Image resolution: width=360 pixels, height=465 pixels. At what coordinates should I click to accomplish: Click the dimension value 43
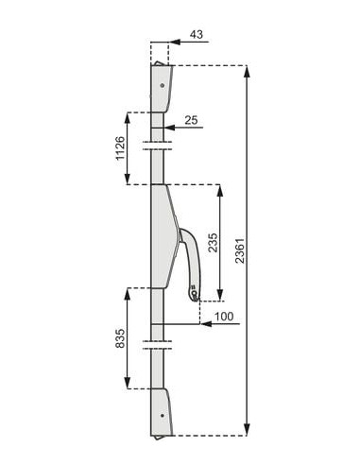197,34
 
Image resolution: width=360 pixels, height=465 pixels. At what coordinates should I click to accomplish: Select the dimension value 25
191,120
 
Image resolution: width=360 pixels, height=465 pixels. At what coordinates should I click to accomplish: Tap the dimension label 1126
120,148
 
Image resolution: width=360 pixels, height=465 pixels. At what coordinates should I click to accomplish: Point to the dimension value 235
214,243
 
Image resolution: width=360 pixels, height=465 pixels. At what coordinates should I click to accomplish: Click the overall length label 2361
240,250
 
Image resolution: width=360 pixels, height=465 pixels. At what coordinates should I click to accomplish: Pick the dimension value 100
224,316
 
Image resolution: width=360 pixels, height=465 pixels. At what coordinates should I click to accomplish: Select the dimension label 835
120,338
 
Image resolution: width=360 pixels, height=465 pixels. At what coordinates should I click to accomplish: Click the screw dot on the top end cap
163,85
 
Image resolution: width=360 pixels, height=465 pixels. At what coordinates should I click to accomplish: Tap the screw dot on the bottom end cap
163,416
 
